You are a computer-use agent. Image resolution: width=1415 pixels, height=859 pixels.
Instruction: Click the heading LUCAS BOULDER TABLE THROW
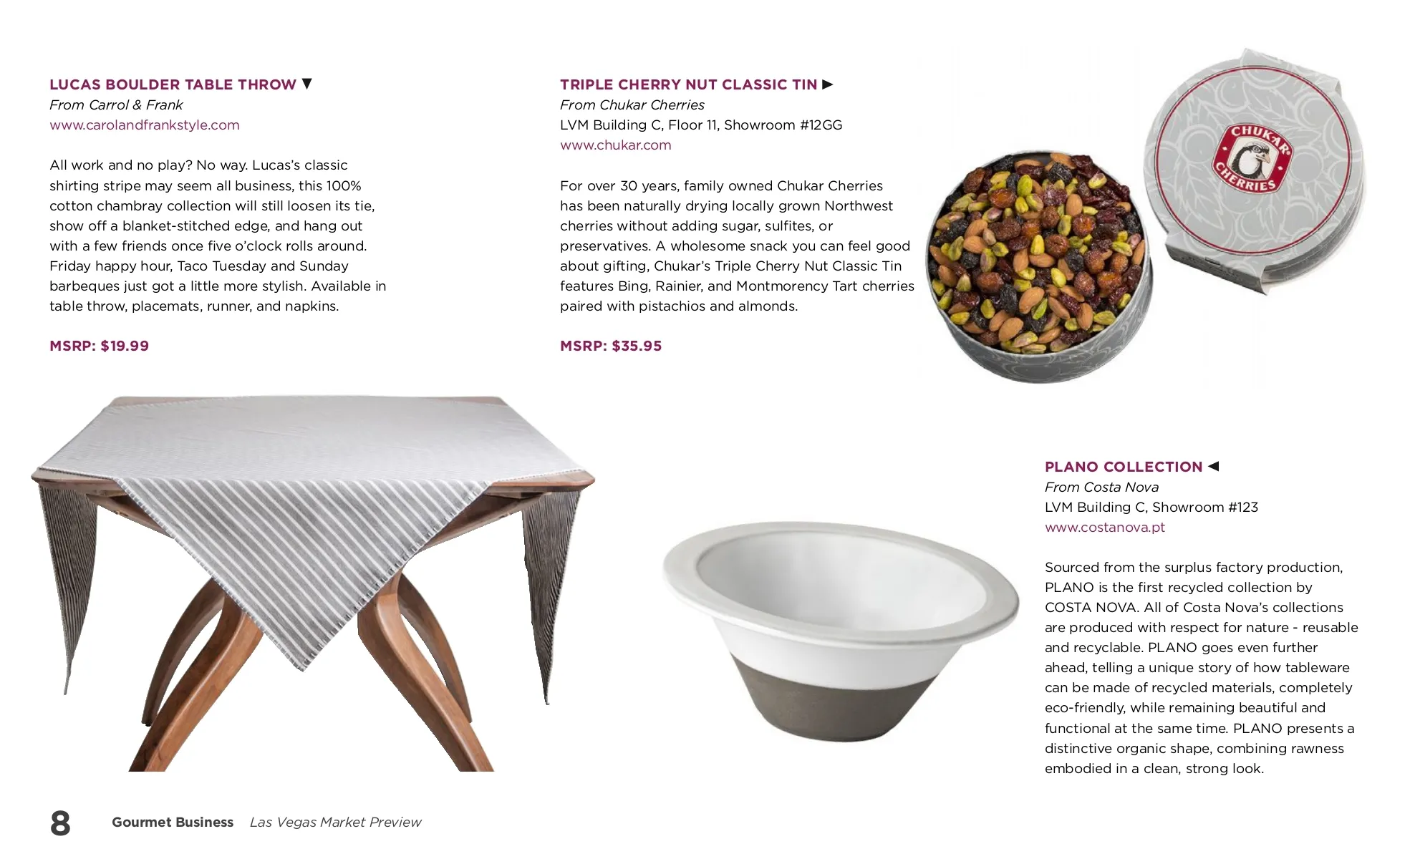(173, 84)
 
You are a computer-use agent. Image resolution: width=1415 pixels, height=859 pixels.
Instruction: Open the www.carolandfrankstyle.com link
(145, 125)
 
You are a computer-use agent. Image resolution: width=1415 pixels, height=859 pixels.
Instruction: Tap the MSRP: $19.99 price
(100, 346)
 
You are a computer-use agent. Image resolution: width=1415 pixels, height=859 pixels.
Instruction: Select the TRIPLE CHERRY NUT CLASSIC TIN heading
(688, 84)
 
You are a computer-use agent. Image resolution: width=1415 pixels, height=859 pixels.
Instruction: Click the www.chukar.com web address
(616, 145)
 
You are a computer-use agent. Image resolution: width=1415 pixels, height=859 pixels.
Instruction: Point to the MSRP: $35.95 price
(611, 346)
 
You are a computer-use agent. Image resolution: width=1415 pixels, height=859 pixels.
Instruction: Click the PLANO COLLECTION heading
(1124, 467)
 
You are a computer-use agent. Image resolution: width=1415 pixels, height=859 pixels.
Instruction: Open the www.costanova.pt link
(1105, 528)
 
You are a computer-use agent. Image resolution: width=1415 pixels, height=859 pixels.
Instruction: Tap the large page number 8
(60, 822)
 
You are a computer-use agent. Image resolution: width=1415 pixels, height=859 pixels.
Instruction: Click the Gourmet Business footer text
(173, 822)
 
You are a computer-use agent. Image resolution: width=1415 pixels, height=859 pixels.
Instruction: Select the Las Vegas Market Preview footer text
(335, 822)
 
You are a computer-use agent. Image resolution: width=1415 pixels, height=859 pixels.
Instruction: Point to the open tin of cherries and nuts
(1038, 265)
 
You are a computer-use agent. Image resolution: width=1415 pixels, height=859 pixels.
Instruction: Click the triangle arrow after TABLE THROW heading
(307, 84)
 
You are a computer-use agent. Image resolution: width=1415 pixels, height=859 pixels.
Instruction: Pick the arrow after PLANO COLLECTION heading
(1213, 466)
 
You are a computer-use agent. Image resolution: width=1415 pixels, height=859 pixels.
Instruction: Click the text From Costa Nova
(1101, 487)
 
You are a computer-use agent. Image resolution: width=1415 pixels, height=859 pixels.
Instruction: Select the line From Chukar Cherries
(632, 105)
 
